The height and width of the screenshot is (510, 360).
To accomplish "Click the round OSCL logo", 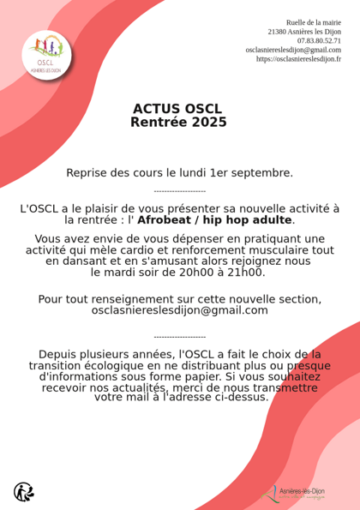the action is coord(47,56).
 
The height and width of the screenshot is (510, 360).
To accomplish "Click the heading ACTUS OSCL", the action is coord(177,109).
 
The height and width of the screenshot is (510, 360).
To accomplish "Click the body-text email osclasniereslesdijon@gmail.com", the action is coord(179,310).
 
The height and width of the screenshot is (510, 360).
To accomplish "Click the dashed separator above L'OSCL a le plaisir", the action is coord(179,191).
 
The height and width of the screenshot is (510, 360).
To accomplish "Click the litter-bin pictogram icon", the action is coord(23,491).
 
